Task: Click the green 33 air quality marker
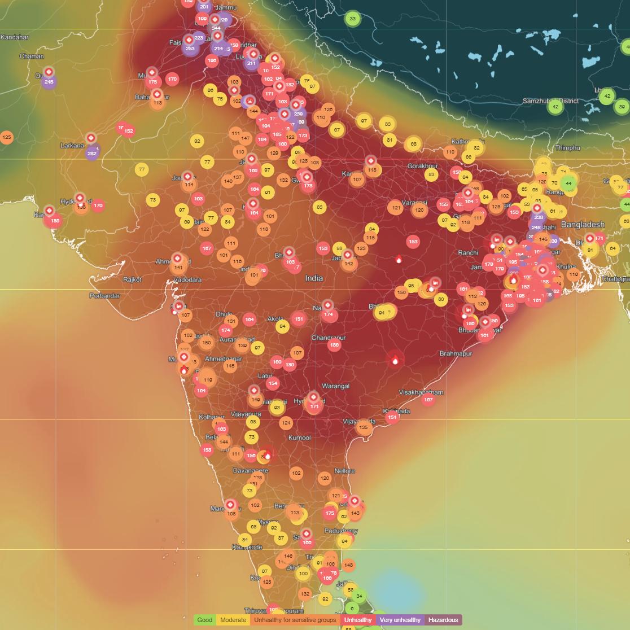click(x=353, y=19)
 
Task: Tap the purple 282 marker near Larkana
click(x=92, y=153)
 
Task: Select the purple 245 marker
click(x=49, y=82)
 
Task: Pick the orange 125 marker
click(x=7, y=137)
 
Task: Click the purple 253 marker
click(x=190, y=49)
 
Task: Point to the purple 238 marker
click(x=539, y=217)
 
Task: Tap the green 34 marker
click(x=359, y=596)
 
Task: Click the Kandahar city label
click(x=15, y=37)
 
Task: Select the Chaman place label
click(x=32, y=56)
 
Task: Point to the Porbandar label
click(x=105, y=296)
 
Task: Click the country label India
click(x=314, y=278)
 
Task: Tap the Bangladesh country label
click(x=582, y=225)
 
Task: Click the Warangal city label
click(x=335, y=387)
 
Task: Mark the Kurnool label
click(x=299, y=438)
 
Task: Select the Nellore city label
click(x=344, y=471)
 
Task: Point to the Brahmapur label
click(x=455, y=354)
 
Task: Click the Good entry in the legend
click(x=205, y=620)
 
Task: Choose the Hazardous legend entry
click(x=443, y=620)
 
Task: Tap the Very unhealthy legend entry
click(x=400, y=620)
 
